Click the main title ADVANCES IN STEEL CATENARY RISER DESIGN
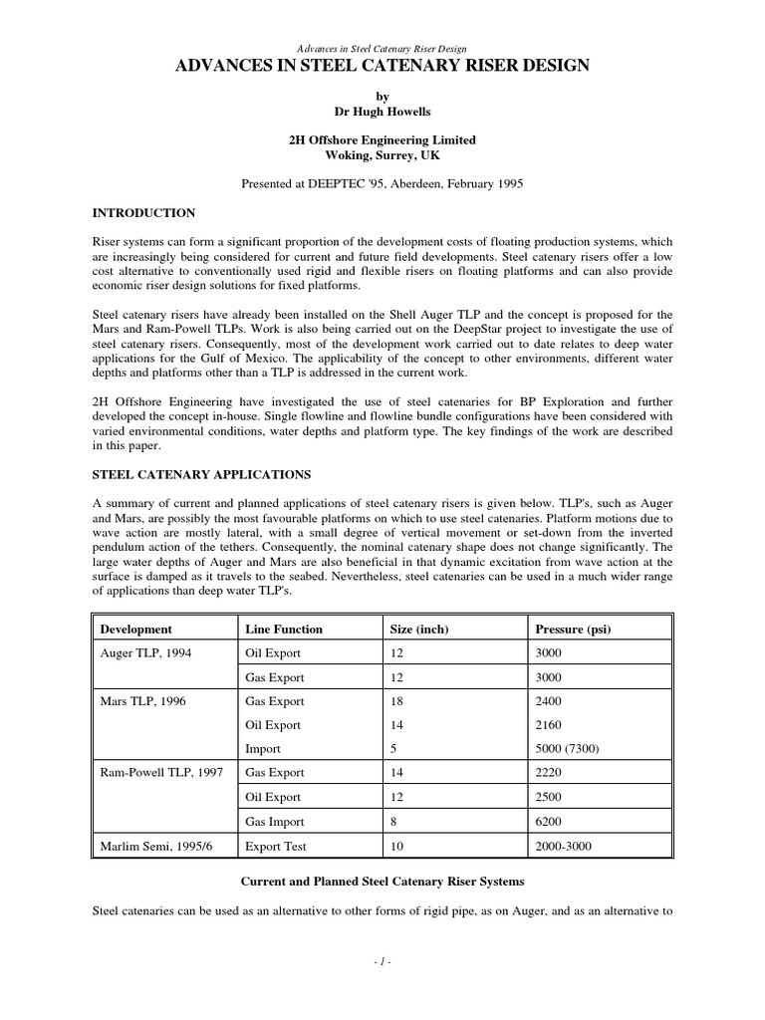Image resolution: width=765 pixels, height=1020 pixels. pyautogui.click(x=382, y=67)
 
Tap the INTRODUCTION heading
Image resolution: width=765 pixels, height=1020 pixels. pyautogui.click(x=143, y=213)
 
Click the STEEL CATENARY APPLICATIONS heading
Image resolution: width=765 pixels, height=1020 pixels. pyautogui.click(x=202, y=474)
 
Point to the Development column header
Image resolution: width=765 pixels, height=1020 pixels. pyautogui.click(x=136, y=630)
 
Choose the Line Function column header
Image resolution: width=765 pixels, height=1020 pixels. pyautogui.click(x=284, y=630)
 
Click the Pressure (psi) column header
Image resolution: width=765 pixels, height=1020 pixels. pyautogui.click(x=573, y=630)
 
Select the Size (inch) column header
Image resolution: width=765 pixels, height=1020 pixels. pyautogui.click(x=418, y=630)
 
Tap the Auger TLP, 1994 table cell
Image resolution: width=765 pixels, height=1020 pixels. pyautogui.click(x=147, y=653)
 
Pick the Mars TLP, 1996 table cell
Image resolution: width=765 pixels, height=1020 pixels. pyautogui.click(x=144, y=701)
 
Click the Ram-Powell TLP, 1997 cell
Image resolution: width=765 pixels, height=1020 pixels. pyautogui.click(x=162, y=774)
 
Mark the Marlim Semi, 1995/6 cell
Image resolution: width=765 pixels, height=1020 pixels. pyautogui.click(x=155, y=847)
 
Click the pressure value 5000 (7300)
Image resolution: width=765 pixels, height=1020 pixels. pyautogui.click(x=572, y=749)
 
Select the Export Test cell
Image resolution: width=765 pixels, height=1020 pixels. pyautogui.click(x=276, y=847)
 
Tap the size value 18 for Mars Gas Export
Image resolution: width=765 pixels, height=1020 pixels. pyautogui.click(x=395, y=701)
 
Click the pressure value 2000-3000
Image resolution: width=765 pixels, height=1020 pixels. pyautogui.click(x=565, y=847)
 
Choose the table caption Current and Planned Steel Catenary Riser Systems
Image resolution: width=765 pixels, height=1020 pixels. pyautogui.click(x=382, y=882)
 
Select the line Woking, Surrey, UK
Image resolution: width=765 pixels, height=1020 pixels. pyautogui.click(x=382, y=155)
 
